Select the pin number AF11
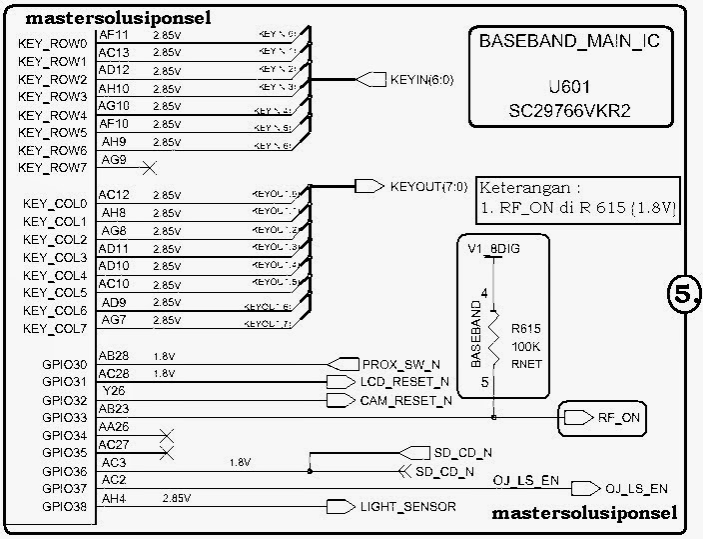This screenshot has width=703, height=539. [x=113, y=34]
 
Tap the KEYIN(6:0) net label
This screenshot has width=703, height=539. [x=421, y=79]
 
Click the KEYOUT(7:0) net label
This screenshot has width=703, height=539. [x=427, y=187]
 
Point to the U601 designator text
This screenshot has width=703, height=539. [x=570, y=86]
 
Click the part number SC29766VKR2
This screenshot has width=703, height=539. [x=570, y=110]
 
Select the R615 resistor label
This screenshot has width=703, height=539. [x=525, y=327]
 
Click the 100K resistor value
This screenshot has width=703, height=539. [x=525, y=346]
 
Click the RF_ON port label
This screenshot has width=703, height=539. [x=618, y=418]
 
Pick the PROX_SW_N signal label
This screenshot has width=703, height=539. [x=400, y=364]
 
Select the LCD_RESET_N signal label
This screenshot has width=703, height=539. [x=404, y=382]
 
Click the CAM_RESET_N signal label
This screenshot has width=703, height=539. [x=405, y=400]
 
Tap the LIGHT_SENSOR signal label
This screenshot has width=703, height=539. [x=407, y=507]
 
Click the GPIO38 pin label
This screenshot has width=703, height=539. [x=67, y=508]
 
